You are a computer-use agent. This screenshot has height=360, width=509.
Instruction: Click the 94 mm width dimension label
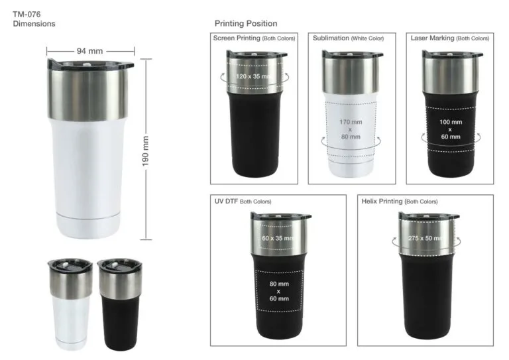point(89,51)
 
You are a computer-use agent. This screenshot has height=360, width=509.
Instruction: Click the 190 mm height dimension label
point(145,151)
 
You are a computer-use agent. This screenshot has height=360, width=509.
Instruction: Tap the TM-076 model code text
point(27,15)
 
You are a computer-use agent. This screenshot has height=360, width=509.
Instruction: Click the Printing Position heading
point(246,23)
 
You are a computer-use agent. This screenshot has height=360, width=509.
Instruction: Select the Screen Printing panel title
point(254,38)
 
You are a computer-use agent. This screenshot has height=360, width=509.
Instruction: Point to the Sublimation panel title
point(348,38)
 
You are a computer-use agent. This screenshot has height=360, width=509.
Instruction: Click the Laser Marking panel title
point(449,38)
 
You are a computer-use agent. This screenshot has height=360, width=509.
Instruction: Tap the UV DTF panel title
point(243,202)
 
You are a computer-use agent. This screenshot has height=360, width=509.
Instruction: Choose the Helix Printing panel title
point(400,202)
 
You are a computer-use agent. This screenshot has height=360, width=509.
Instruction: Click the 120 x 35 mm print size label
point(253,77)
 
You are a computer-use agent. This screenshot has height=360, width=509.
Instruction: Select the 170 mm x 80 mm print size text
point(351,129)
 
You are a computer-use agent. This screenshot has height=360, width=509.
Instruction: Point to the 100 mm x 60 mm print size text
point(451,129)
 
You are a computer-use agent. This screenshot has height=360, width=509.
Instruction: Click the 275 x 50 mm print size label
point(425,238)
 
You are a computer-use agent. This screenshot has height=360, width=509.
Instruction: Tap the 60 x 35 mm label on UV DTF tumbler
point(278,238)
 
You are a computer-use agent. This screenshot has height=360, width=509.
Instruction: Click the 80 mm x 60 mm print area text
point(279,291)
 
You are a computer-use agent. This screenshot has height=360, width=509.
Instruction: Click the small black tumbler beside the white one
point(120,304)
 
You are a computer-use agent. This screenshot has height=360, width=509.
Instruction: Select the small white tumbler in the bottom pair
point(70,304)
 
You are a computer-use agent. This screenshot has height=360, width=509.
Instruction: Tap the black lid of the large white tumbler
point(90,64)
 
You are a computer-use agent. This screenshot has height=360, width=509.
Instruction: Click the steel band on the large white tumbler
point(87,94)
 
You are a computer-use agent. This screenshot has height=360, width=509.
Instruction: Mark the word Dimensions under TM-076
point(34,24)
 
